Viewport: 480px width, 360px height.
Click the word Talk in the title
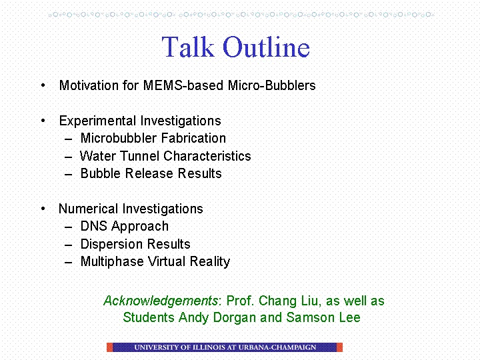188,47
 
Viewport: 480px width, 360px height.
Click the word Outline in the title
266,47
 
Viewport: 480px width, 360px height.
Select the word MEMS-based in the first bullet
183,85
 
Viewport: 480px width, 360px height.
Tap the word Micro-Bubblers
271,85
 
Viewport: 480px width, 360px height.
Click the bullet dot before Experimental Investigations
43,121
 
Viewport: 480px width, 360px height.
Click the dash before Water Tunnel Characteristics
68,157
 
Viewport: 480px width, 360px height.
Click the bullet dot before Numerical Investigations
43,209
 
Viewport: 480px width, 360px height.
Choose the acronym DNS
94,226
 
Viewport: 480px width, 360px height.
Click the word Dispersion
111,244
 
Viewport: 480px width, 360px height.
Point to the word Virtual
167,261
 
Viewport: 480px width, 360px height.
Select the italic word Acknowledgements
161,301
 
